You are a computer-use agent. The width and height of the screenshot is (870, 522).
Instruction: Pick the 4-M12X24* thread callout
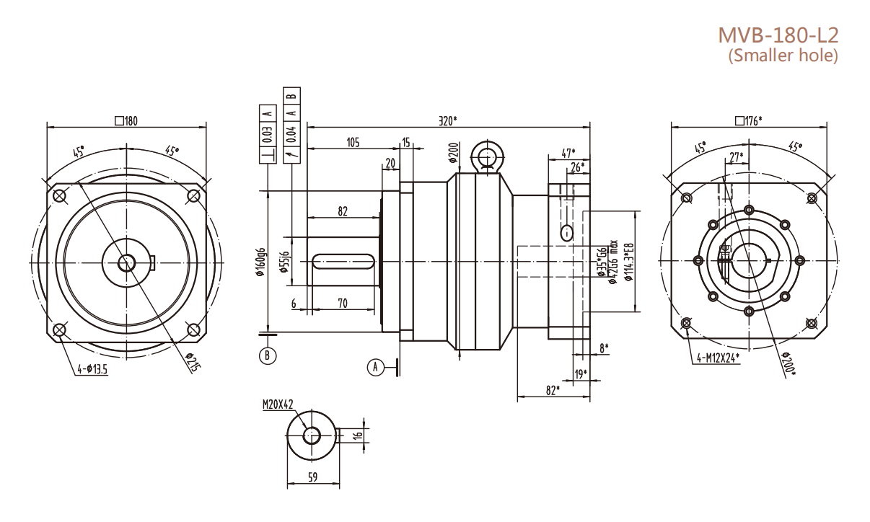click(x=721, y=358)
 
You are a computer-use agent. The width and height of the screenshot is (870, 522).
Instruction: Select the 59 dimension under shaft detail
click(x=312, y=477)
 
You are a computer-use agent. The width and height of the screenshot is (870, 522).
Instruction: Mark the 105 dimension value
click(x=353, y=143)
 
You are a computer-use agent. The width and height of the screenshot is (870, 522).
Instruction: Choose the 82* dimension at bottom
click(x=553, y=390)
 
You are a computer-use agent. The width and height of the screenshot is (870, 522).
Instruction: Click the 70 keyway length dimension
click(x=343, y=304)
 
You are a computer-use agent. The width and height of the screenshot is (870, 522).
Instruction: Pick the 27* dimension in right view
click(x=737, y=156)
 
